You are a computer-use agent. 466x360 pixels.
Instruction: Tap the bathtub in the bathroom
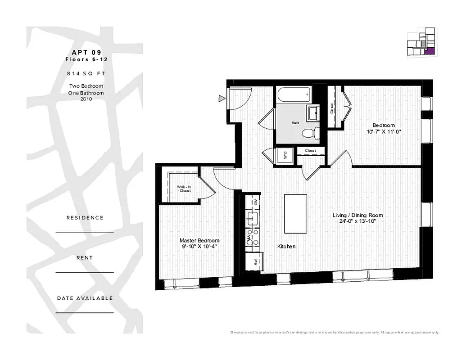coord(294,94)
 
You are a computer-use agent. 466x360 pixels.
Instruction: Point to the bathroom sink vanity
coord(312,112)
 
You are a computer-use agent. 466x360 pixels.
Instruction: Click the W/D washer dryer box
coord(285,156)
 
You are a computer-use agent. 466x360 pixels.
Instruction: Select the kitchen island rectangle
coord(295,213)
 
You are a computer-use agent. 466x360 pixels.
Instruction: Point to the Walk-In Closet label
coord(183,188)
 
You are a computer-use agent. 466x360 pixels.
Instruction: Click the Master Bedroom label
coord(199,241)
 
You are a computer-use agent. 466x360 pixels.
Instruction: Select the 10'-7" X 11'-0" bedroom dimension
coord(383,132)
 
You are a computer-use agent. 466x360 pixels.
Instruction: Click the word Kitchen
coord(286,247)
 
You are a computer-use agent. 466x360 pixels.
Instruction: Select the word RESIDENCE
coord(85,218)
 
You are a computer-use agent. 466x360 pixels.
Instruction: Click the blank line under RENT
coord(85,272)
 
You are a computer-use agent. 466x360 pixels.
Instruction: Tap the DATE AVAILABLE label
coord(85,298)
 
